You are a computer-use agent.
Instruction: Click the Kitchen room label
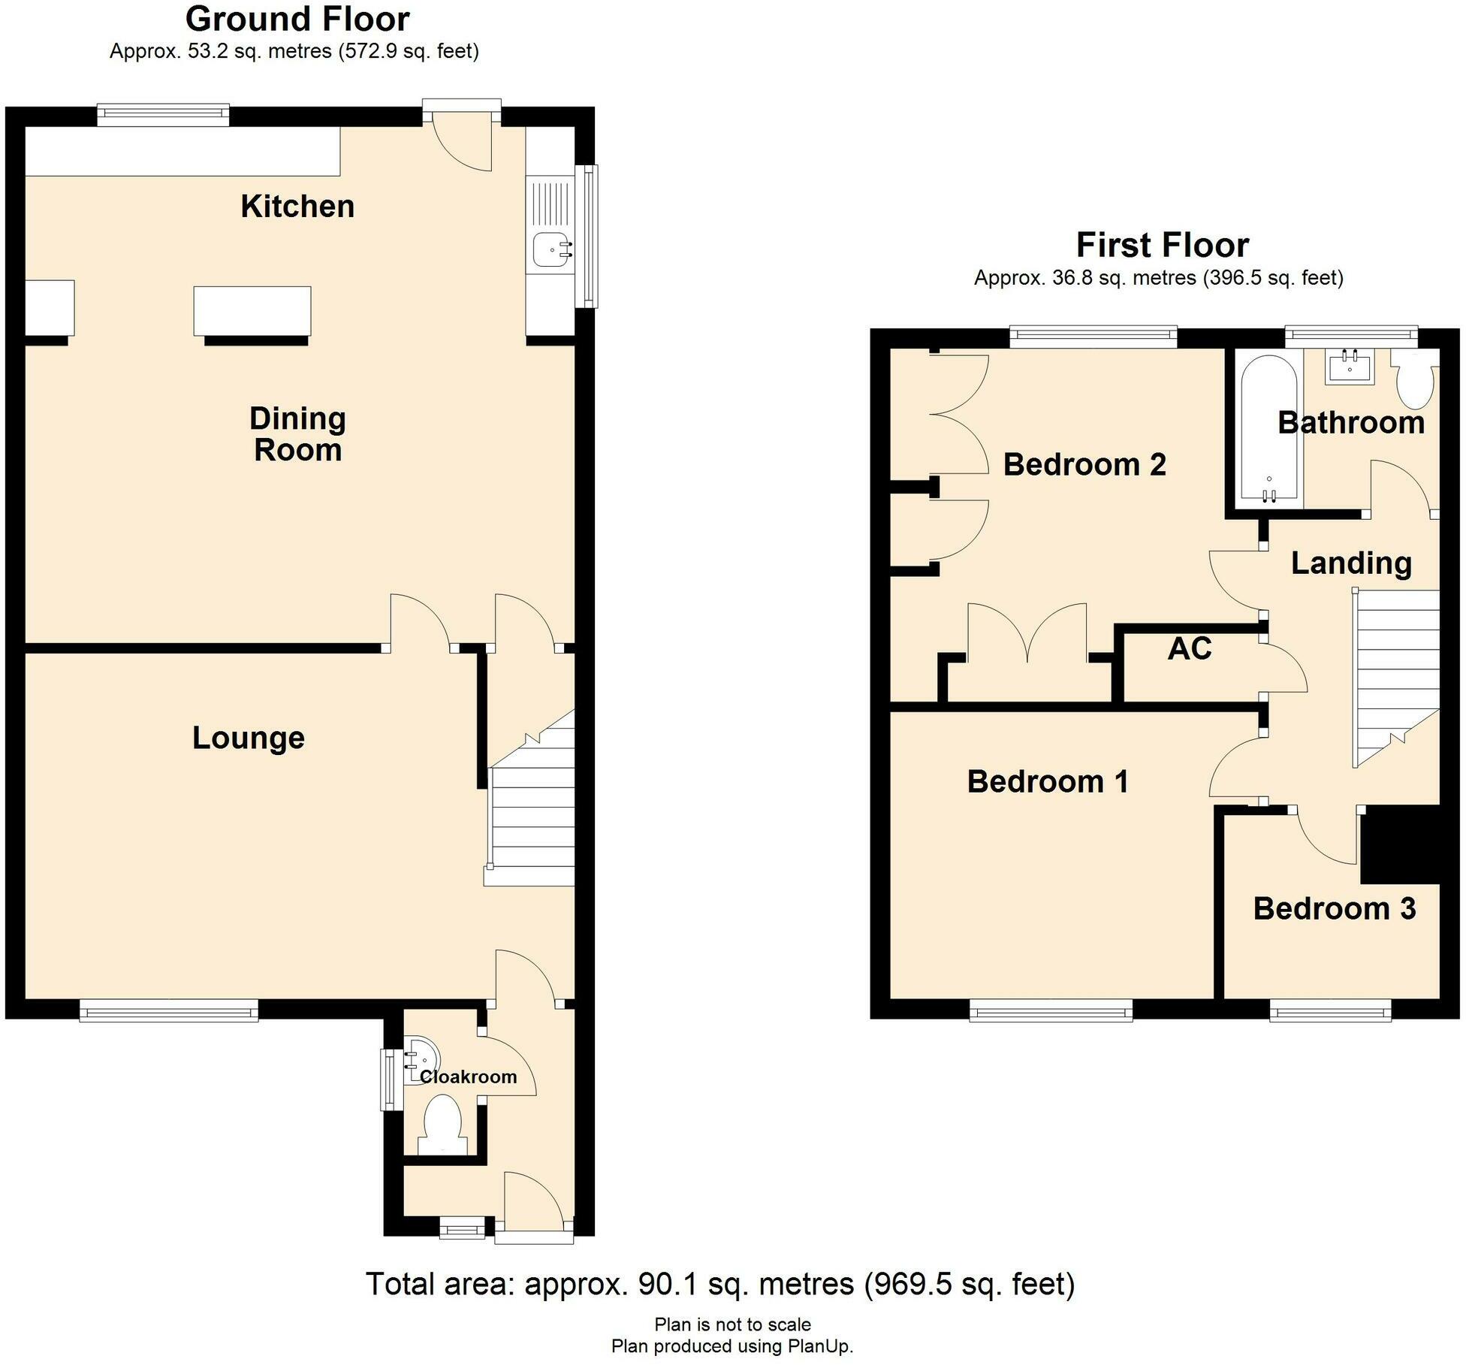pyautogui.click(x=297, y=207)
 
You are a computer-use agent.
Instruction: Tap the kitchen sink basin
pyautogui.click(x=550, y=248)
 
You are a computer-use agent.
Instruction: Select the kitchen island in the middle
pyautogui.click(x=252, y=310)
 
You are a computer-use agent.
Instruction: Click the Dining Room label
pyautogui.click(x=297, y=434)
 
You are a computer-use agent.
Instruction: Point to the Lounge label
pyautogui.click(x=249, y=738)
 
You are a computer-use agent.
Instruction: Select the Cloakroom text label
pyautogui.click(x=468, y=1077)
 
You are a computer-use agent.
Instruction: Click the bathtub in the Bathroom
pyautogui.click(x=1268, y=428)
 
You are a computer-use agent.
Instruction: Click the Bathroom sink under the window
pyautogui.click(x=1350, y=367)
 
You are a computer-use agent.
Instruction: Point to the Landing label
pyautogui.click(x=1351, y=563)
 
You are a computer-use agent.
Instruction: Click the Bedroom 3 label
pyautogui.click(x=1335, y=909)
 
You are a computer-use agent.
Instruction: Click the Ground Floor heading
pyautogui.click(x=297, y=20)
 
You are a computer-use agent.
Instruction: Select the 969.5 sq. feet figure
pyautogui.click(x=970, y=1284)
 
